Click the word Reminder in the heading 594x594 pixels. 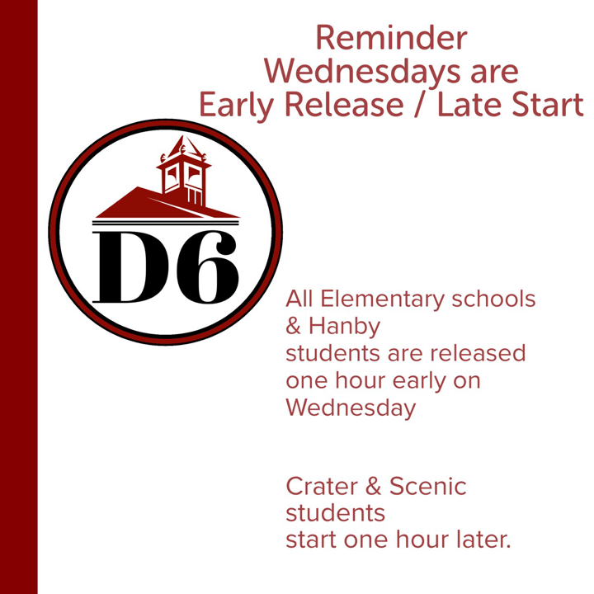point(390,38)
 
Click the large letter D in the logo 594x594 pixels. point(126,267)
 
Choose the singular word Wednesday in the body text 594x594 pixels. point(351,408)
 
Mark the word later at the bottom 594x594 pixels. point(479,540)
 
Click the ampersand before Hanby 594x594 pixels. point(293,326)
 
